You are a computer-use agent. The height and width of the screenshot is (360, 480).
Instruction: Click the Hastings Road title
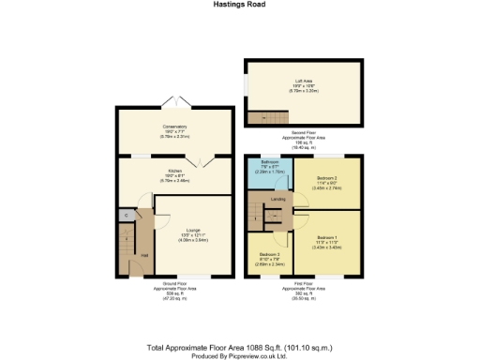pyautogui.click(x=239, y=5)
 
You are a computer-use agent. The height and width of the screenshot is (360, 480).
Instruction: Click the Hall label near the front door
pyautogui.click(x=143, y=254)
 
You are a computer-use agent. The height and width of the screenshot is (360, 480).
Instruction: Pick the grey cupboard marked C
pyautogui.click(x=125, y=216)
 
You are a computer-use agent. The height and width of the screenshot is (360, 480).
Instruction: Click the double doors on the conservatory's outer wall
pyautogui.click(x=174, y=102)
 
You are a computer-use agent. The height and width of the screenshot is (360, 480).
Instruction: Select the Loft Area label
pyautogui.click(x=302, y=82)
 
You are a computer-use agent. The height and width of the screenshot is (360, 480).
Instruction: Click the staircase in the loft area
pyautogui.click(x=264, y=116)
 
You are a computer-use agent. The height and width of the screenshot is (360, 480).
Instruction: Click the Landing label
pyautogui.click(x=278, y=198)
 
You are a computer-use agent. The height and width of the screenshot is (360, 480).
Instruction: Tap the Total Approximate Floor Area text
pyautogui.click(x=239, y=346)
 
